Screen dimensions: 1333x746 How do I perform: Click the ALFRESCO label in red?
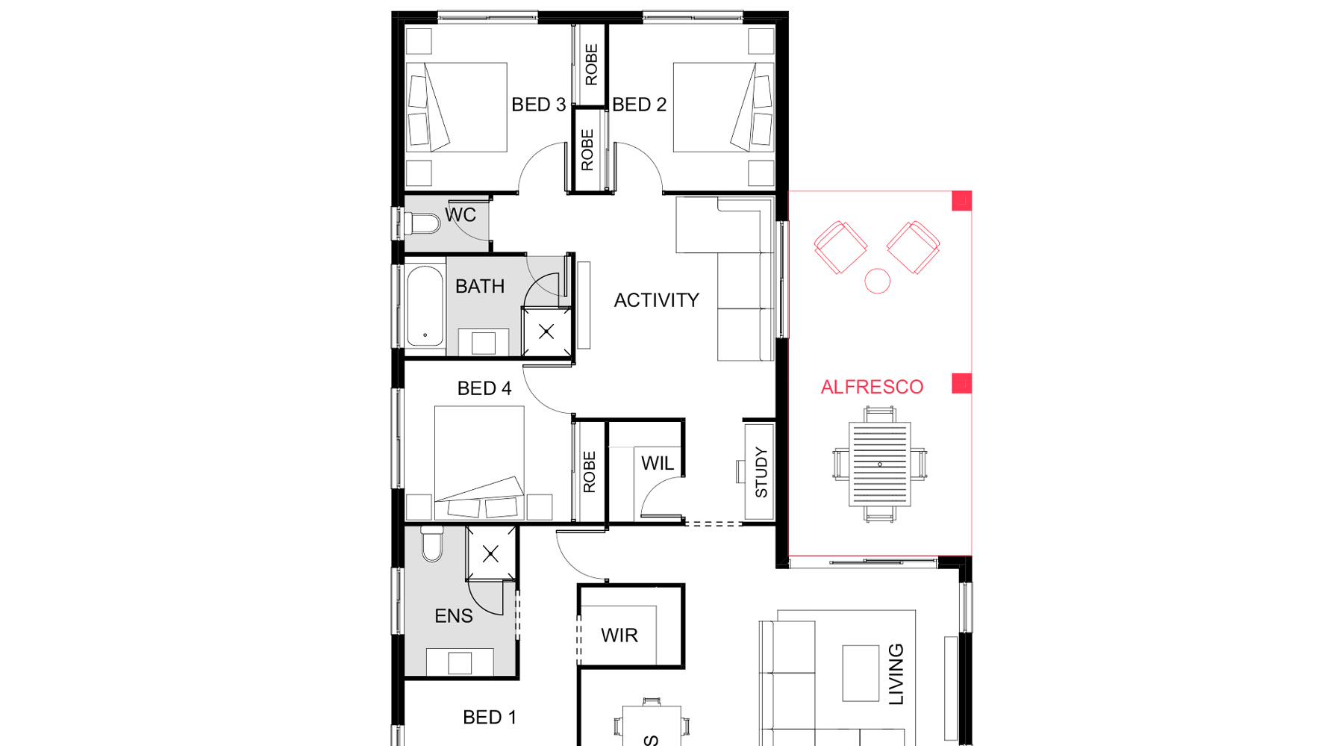click(x=872, y=387)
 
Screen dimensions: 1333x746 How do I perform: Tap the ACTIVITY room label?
click(x=657, y=300)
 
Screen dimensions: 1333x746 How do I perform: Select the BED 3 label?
click(x=538, y=105)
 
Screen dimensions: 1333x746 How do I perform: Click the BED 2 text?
click(x=639, y=105)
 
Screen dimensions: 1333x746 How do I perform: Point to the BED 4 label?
click(x=484, y=388)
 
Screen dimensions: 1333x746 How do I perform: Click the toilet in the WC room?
click(x=422, y=223)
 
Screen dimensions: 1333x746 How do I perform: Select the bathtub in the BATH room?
click(x=425, y=306)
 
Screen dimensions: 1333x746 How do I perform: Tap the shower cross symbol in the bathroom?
click(x=546, y=332)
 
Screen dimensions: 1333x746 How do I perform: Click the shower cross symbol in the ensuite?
click(x=490, y=553)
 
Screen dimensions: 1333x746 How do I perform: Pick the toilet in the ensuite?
click(x=431, y=544)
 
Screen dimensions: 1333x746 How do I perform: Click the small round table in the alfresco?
click(x=877, y=281)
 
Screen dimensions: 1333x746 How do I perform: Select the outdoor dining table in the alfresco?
click(x=880, y=464)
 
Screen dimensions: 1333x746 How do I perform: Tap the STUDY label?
click(x=761, y=472)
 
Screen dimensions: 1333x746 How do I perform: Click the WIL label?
click(x=658, y=464)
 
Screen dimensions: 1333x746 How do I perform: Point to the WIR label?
click(x=619, y=635)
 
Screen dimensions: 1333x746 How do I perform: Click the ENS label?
click(x=454, y=616)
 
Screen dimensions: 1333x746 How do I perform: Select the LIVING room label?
click(x=896, y=674)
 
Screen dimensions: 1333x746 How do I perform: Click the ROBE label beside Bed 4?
click(x=590, y=472)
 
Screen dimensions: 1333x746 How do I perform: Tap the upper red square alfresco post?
click(x=961, y=201)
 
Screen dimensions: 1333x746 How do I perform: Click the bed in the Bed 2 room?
click(x=723, y=108)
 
